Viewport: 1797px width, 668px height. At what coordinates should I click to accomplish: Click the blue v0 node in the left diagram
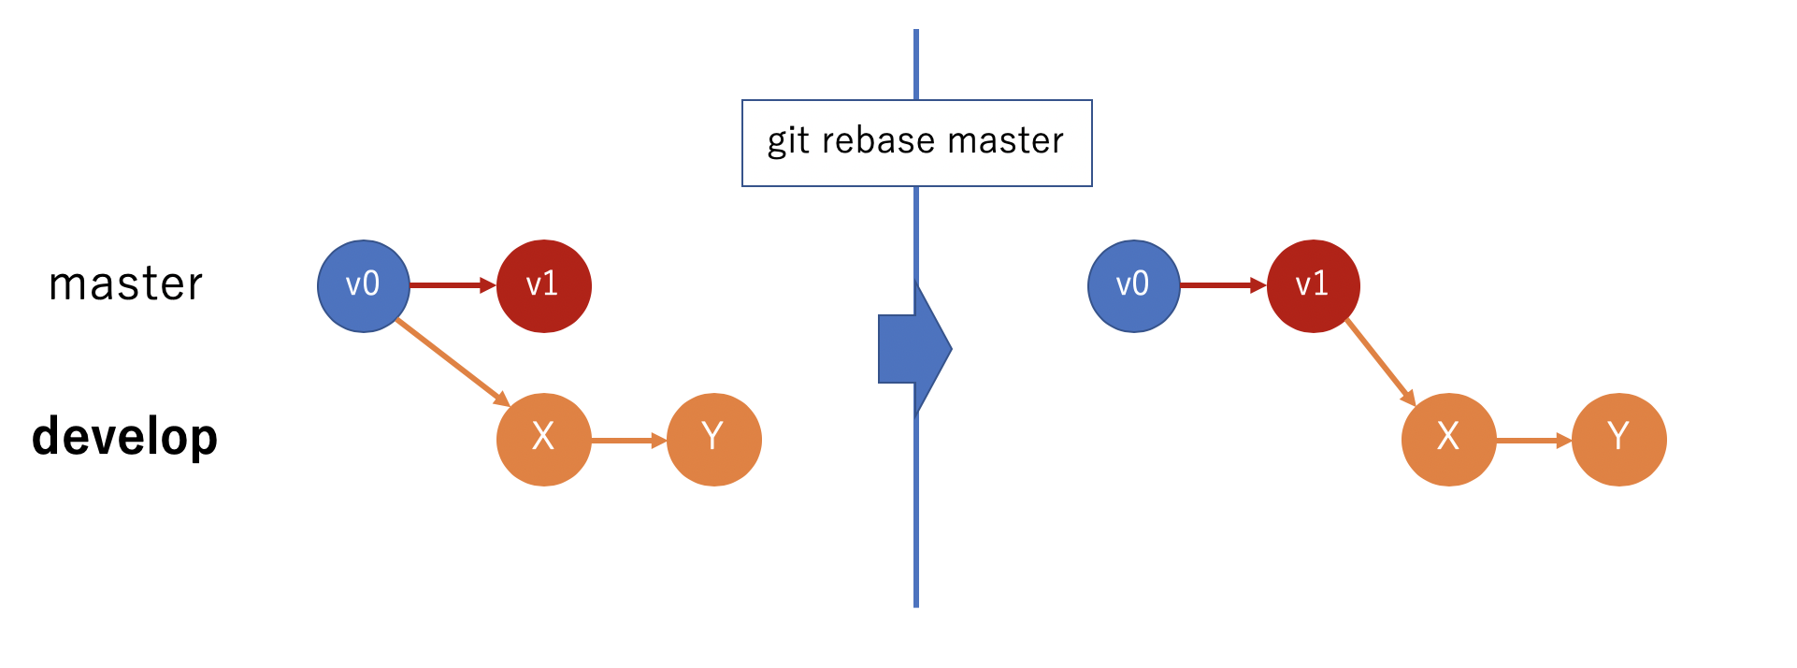(x=364, y=286)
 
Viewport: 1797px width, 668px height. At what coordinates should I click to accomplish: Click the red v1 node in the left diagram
(x=543, y=286)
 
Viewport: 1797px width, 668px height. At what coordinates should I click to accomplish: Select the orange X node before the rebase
(x=543, y=439)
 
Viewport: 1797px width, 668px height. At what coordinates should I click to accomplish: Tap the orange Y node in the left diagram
(x=713, y=439)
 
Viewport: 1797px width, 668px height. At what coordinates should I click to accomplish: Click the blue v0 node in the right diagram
(x=1133, y=286)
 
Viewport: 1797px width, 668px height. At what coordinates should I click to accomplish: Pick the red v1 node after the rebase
(x=1313, y=286)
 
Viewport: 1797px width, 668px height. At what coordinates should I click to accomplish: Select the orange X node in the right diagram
(x=1448, y=439)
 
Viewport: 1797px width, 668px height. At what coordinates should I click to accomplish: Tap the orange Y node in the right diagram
(x=1618, y=439)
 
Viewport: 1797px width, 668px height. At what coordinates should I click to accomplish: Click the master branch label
(x=125, y=284)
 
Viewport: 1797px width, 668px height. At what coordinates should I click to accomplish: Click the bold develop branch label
(x=124, y=437)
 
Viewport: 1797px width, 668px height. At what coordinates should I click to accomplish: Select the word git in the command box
(x=787, y=141)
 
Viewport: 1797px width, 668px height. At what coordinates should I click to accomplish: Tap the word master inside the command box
(x=1005, y=141)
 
